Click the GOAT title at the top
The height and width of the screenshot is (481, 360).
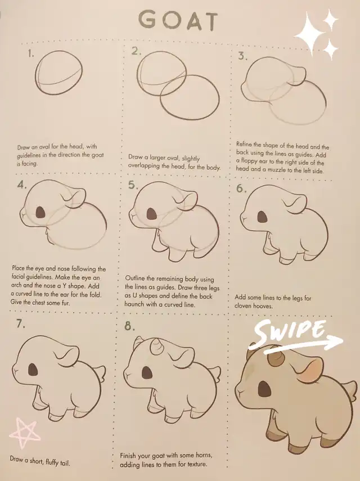pyautogui.click(x=178, y=21)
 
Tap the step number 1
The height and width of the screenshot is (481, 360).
pyautogui.click(x=30, y=53)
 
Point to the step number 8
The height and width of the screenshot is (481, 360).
pyautogui.click(x=129, y=326)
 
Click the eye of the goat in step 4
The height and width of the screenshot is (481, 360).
pyautogui.click(x=40, y=212)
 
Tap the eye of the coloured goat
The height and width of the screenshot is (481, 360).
pyautogui.click(x=264, y=389)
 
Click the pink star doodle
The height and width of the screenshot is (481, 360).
pyautogui.click(x=24, y=433)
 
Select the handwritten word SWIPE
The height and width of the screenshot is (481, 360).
pyautogui.click(x=290, y=333)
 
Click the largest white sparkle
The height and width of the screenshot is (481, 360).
pyautogui.click(x=310, y=34)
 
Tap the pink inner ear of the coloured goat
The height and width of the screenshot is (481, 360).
pyautogui.click(x=310, y=369)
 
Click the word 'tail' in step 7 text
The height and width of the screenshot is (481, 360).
pyautogui.click(x=64, y=462)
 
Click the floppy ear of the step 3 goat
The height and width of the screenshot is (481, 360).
pyautogui.click(x=297, y=74)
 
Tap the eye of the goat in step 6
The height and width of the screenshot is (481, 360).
pyautogui.click(x=262, y=217)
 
